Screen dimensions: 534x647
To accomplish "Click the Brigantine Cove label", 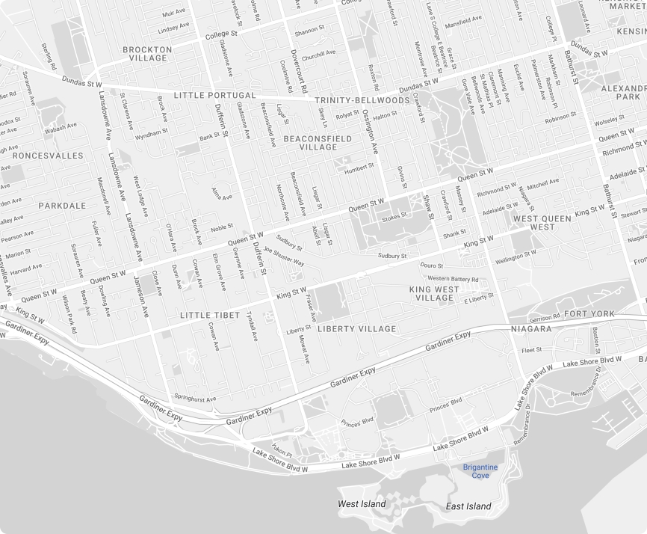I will point(480,471).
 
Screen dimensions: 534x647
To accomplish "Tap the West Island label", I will point(362,504).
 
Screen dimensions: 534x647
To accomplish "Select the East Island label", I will point(468,506).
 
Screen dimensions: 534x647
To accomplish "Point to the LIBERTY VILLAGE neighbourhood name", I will point(357,329).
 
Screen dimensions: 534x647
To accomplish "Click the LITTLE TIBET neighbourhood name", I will point(210,316).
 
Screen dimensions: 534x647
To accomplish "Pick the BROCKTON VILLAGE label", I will point(147,54).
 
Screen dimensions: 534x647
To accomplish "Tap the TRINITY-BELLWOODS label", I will point(362,100).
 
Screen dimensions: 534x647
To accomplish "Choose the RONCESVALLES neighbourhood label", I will point(48,156).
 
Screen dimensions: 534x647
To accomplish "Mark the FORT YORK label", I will point(589,313).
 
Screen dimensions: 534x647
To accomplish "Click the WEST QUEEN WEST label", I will point(542,223).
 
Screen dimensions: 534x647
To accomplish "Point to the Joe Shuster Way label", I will point(283,257).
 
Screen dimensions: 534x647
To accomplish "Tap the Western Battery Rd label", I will point(453,279).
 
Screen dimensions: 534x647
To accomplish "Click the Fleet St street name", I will point(532,350).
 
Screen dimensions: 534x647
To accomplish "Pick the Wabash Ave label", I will point(61,128).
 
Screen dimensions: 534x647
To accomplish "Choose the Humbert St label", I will point(359,168).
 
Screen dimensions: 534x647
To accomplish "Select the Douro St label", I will point(432,266).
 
